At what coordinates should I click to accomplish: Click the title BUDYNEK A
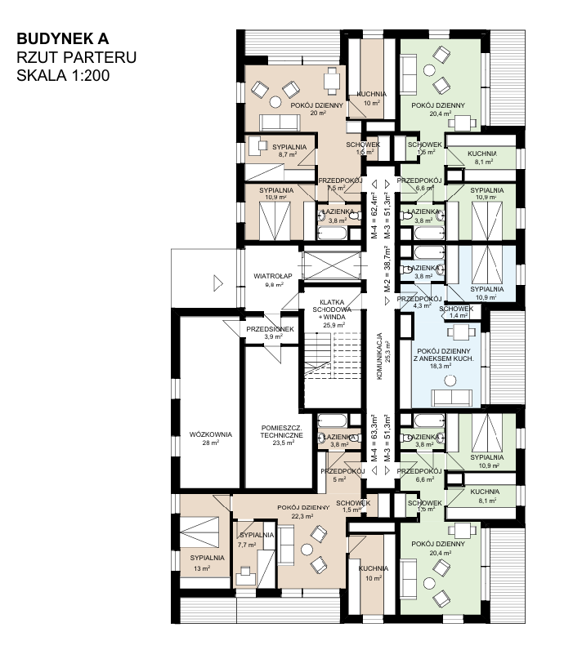click(x=63, y=38)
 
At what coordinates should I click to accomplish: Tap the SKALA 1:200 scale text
click(x=63, y=75)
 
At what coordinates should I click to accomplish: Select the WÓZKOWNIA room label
click(x=211, y=434)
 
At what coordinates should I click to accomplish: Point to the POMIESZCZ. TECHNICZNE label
click(x=282, y=431)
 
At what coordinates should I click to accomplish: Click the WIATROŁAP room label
click(x=273, y=276)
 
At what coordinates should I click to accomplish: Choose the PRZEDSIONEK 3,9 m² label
click(x=270, y=332)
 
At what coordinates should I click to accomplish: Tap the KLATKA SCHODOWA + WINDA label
click(x=332, y=309)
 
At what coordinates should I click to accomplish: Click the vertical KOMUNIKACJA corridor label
click(x=378, y=356)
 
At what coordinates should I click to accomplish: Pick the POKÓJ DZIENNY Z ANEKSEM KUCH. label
click(x=444, y=355)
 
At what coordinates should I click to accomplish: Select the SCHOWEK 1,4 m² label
click(x=456, y=312)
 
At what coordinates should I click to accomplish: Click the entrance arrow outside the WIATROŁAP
click(x=218, y=283)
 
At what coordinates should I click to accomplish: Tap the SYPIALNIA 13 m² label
click(x=207, y=563)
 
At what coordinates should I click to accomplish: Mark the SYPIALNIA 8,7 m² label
click(x=289, y=150)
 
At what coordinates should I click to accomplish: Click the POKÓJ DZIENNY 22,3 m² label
click(x=303, y=511)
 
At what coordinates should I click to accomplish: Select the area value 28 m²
click(x=211, y=443)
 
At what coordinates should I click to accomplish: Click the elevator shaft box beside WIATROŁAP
click(x=331, y=265)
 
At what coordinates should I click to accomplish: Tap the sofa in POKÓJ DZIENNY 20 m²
click(x=280, y=122)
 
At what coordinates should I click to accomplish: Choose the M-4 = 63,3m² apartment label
click(x=374, y=438)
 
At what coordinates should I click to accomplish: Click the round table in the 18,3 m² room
click(x=450, y=381)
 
